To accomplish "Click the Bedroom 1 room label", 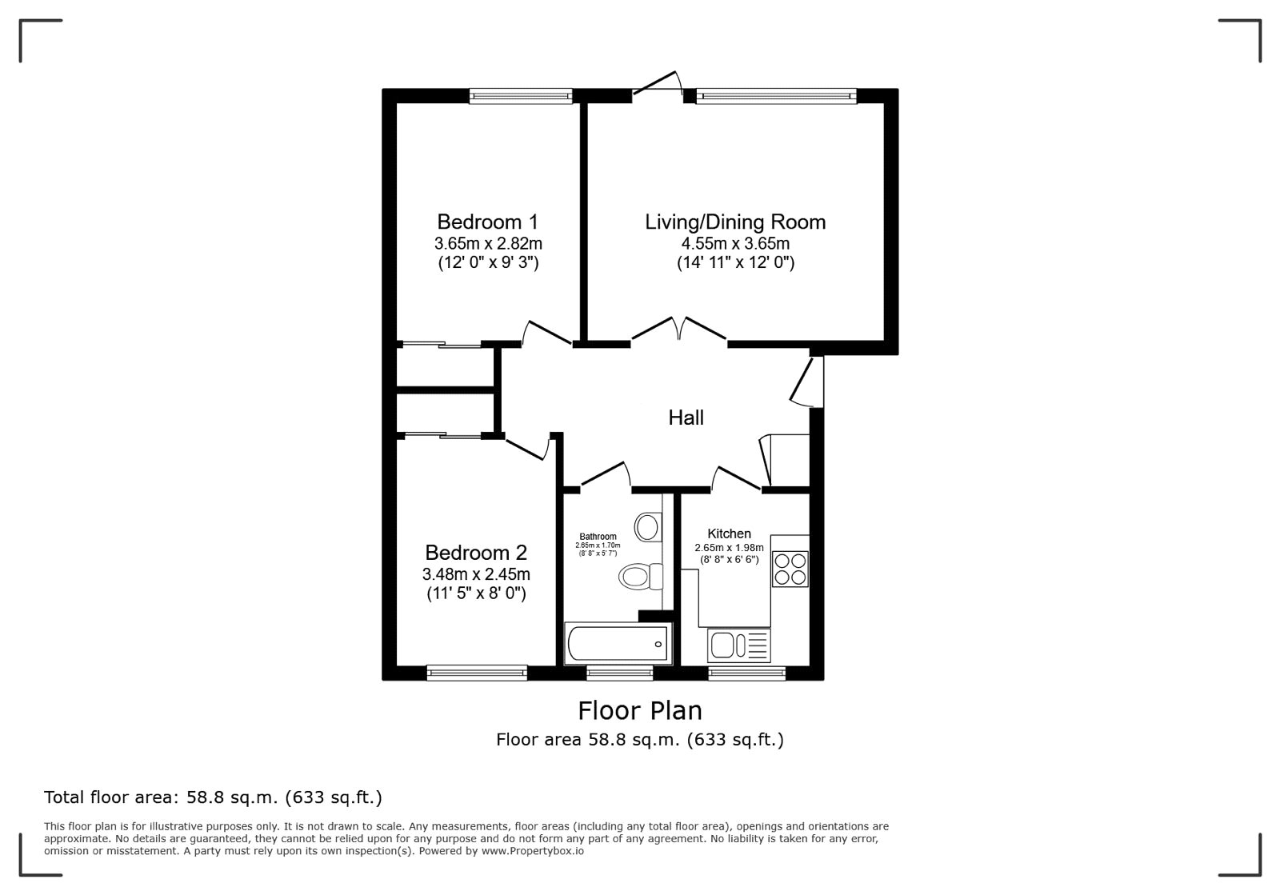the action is (487, 222).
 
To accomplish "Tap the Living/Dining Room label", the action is (735, 222).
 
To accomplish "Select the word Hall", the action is (686, 418).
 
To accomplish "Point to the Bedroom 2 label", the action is (476, 553).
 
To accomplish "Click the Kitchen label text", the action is (729, 533).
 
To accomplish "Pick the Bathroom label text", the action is (598, 537).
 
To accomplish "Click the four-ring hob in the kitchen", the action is (790, 569).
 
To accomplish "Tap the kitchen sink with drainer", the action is (739, 645).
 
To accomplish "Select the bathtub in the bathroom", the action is (618, 644).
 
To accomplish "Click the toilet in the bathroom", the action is (641, 577).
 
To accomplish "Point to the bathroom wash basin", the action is (648, 526).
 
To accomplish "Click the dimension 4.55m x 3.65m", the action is (735, 243).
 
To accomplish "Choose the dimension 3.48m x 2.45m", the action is (476, 573).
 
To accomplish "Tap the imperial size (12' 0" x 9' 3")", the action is (488, 262).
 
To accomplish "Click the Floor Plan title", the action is (640, 710).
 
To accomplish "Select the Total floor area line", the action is (213, 797).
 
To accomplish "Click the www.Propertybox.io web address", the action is (533, 851).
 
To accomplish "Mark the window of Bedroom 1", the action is (521, 96).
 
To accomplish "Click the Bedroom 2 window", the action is (477, 673).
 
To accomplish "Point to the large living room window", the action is (777, 96).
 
